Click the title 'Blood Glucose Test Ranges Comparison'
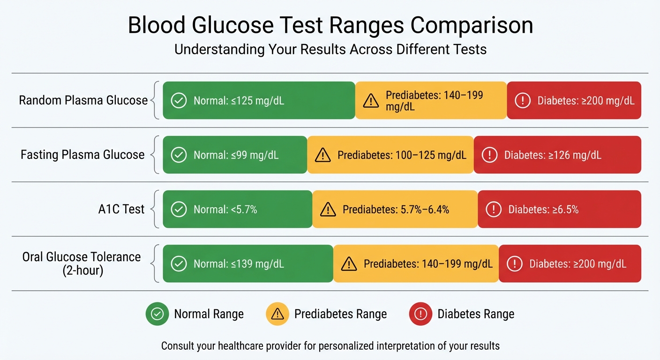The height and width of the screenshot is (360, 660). coord(330,25)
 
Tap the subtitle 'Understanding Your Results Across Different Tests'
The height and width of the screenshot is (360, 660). coord(330,49)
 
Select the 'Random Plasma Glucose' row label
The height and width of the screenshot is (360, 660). coord(83,100)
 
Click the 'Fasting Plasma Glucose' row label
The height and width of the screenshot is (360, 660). coord(82,155)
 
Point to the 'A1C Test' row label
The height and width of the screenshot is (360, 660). coord(121,209)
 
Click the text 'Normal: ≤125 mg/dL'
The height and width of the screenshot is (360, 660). coord(239,101)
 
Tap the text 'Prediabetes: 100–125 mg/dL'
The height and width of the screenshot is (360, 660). coord(402,155)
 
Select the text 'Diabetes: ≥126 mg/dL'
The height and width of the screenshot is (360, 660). coord(552,155)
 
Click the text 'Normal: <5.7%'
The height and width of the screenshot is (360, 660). coord(225,210)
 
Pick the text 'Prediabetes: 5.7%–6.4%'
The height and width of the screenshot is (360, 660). coord(396,210)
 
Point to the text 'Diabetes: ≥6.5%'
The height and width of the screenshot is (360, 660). coord(543,210)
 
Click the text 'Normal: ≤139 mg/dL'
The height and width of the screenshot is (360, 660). coord(239,264)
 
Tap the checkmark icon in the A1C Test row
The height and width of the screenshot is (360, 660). coord(178,210)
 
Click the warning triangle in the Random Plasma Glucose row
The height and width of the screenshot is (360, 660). coord(371,100)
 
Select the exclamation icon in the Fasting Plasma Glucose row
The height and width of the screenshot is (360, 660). coord(489,155)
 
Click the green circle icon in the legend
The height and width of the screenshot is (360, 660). coord(157,314)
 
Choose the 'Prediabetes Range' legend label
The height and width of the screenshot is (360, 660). coord(340,314)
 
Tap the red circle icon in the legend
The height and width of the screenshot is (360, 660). coord(420,314)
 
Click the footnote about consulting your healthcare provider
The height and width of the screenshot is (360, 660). coord(330,346)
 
